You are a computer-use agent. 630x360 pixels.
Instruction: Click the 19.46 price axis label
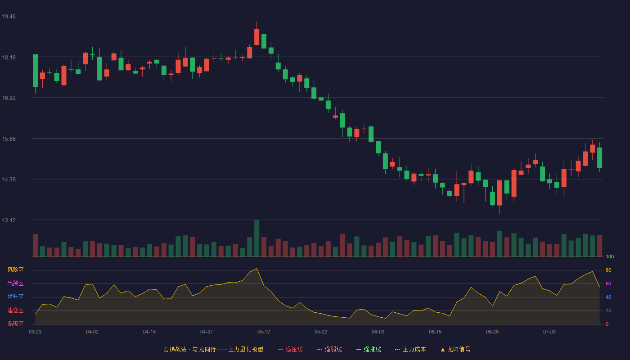coord(9,17)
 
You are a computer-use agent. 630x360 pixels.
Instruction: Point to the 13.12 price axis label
coord(9,220)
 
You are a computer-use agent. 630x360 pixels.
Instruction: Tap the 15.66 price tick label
coord(9,139)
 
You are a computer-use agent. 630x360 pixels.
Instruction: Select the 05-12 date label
coord(264,332)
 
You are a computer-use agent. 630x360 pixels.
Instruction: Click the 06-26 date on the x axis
coord(492,332)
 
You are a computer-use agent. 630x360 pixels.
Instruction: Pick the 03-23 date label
coord(35,332)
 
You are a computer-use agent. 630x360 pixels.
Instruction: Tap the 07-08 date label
coord(549,332)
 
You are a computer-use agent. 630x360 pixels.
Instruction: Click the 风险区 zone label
coord(15,270)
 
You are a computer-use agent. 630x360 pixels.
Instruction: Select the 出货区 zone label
coord(15,283)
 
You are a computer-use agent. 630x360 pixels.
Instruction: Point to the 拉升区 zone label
coord(15,297)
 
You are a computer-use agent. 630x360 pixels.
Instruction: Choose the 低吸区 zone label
coord(15,324)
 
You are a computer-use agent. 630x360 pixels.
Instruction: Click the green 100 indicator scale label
coord(610,256)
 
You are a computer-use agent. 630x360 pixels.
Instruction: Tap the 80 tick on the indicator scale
coord(608,270)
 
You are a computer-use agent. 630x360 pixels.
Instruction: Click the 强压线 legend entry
coord(290,349)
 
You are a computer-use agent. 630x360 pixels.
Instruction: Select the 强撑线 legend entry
coord(369,349)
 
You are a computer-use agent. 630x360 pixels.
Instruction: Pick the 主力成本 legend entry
coord(410,349)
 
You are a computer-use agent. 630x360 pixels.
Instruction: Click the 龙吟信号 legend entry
coord(455,349)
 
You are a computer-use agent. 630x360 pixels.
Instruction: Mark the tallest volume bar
coord(256,238)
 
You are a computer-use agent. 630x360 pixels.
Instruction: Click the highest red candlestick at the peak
coord(256,36)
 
